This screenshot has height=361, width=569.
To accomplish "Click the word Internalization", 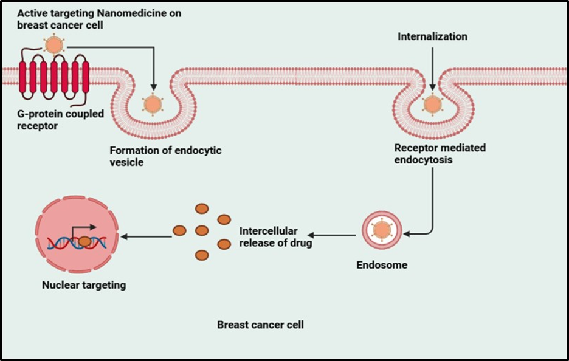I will [x=432, y=36].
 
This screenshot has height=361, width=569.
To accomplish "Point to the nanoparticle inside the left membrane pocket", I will [x=153, y=104].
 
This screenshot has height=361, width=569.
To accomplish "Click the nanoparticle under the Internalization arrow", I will [x=432, y=104].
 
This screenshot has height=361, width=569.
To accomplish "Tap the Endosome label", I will [x=382, y=265].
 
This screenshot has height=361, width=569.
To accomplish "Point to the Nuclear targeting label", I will [x=84, y=284].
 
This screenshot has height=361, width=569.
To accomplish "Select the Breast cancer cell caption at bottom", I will [x=260, y=325].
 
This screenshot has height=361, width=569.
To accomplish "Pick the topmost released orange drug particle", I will [x=201, y=208].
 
